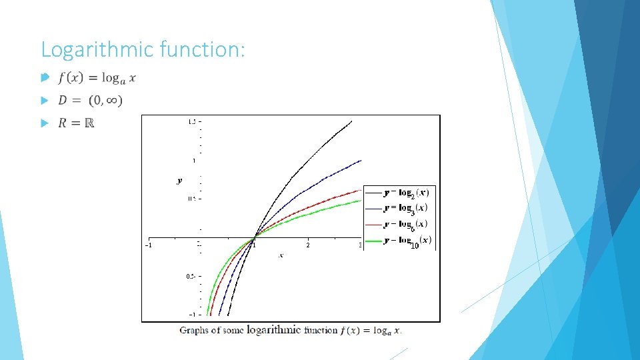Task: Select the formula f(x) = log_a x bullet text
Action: [97, 78]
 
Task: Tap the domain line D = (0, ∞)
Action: [90, 101]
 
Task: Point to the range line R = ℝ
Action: [76, 123]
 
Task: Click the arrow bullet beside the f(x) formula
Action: [45, 78]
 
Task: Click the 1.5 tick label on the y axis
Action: [191, 121]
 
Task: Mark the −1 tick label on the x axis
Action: [149, 245]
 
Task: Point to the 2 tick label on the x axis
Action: [307, 245]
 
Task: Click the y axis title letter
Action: [179, 180]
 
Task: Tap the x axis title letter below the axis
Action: [281, 255]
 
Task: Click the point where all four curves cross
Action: [254, 237]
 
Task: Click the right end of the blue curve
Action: [359, 161]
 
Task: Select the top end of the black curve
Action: [351, 121]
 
